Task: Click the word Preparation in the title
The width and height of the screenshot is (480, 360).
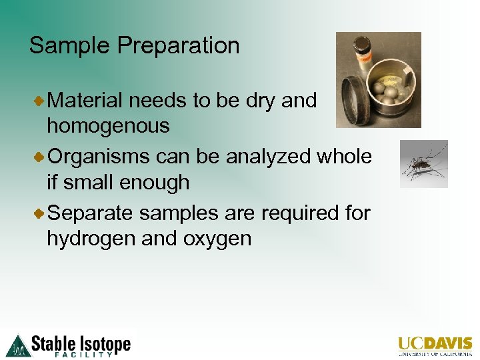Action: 178,46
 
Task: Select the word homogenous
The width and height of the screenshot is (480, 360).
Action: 108,125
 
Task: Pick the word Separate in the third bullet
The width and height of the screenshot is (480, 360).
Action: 91,213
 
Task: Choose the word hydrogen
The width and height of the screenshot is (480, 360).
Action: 91,239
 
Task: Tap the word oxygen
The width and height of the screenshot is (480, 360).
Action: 216,239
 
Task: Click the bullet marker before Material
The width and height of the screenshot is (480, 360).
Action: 39,101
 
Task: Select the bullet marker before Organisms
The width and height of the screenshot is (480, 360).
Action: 39,157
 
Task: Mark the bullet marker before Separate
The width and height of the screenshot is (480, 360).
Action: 39,213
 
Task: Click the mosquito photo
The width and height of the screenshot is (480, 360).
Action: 423,164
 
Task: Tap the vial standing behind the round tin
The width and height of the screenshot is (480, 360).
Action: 364,52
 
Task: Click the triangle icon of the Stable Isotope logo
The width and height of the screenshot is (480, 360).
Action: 18,345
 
